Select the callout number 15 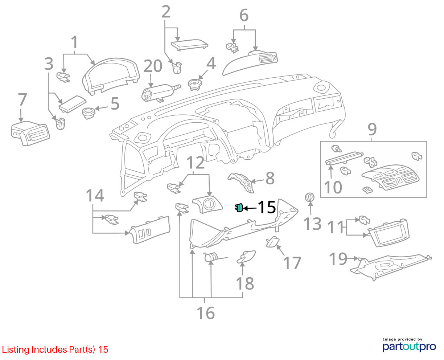point(267,207)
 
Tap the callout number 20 point(153,66)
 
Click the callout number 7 point(22,99)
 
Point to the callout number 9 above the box point(372,129)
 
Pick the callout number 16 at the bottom point(206,313)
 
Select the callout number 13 point(312,224)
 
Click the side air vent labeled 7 point(30,133)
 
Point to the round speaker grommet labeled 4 point(195,85)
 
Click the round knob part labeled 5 point(89,113)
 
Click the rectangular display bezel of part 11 point(388,233)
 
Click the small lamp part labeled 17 point(272,242)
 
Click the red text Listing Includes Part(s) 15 point(55,349)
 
